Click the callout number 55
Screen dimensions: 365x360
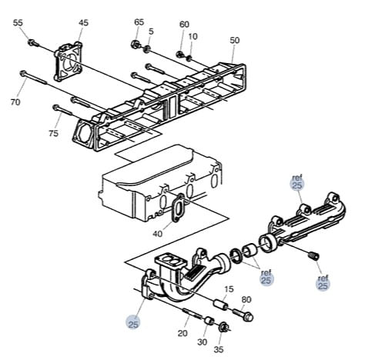(18, 23)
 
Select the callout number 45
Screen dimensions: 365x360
(83, 23)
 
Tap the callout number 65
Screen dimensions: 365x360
(139, 22)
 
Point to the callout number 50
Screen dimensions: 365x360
(235, 40)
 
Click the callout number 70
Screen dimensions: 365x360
(15, 102)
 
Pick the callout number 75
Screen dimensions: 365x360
(54, 133)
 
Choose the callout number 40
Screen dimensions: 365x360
(158, 234)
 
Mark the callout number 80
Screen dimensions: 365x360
(246, 299)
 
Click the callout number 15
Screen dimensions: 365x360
(229, 289)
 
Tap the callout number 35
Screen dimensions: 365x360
(219, 349)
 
